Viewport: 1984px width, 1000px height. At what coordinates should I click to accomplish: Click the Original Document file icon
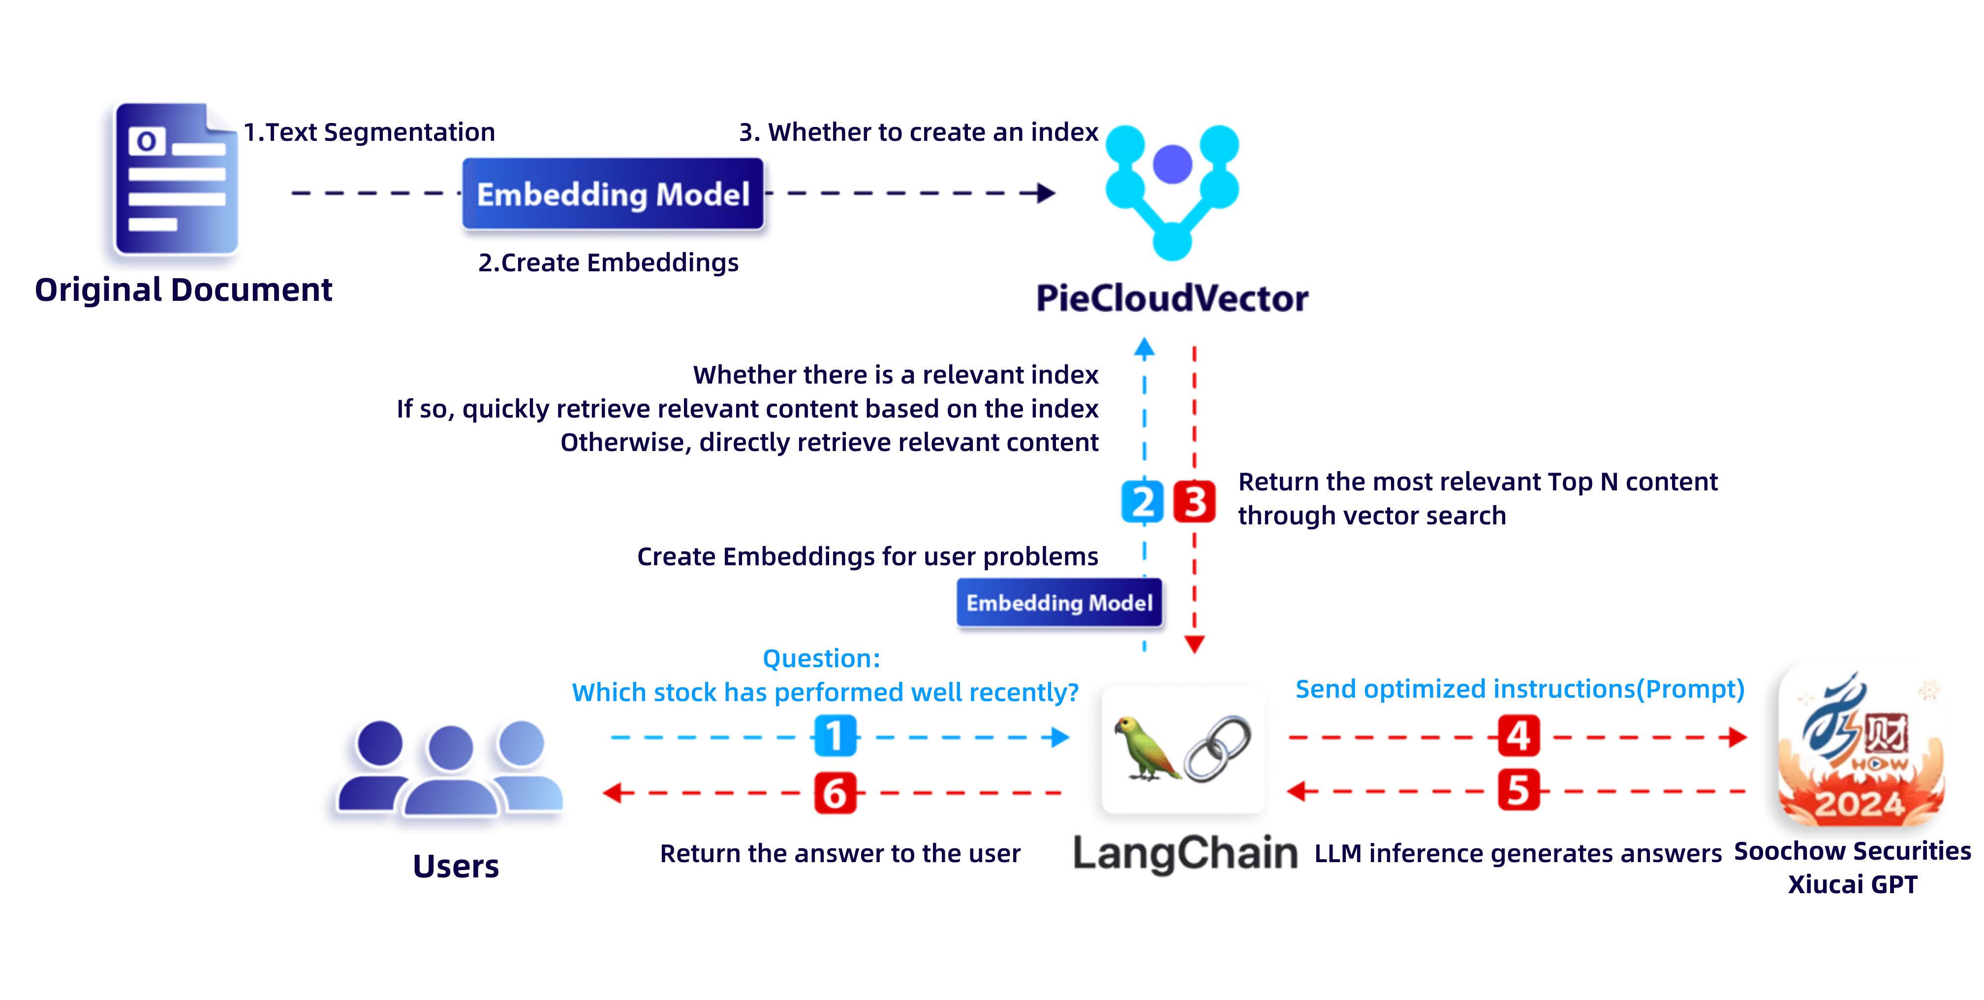176,179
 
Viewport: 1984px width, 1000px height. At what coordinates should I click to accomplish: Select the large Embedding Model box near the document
613,194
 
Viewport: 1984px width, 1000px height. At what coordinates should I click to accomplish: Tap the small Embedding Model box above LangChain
1059,603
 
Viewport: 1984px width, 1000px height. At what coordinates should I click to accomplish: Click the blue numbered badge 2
1143,502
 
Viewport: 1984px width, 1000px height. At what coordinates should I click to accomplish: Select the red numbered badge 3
1195,502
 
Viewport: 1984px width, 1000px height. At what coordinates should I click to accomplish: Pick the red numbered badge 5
1519,790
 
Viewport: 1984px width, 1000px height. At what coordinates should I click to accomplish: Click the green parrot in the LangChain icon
1146,748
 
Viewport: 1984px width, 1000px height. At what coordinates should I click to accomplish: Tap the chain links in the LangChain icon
1218,749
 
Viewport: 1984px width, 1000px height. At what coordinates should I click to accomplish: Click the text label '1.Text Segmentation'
370,132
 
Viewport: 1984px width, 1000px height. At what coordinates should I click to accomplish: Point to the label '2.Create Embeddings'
609,263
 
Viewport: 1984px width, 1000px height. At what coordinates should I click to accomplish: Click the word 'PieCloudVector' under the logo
1172,298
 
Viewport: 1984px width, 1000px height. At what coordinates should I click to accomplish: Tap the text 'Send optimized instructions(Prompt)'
1519,689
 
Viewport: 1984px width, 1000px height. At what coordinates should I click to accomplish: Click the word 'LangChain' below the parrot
1185,854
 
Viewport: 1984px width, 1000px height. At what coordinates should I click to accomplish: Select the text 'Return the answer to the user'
840,854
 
